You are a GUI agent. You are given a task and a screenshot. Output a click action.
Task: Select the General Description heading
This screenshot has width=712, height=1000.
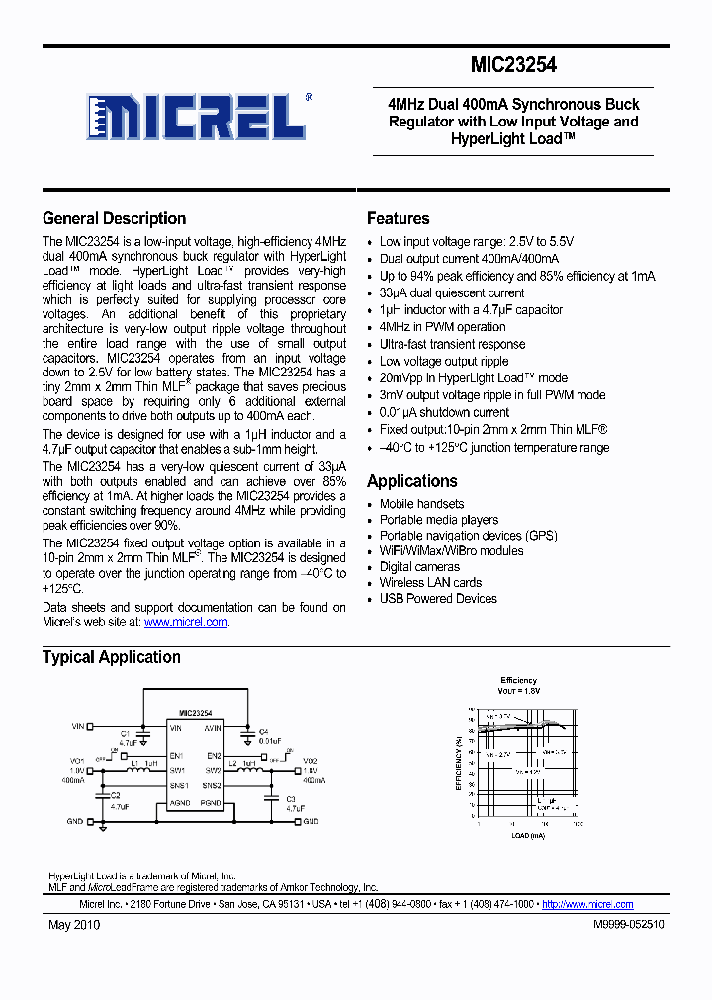pyautogui.click(x=114, y=219)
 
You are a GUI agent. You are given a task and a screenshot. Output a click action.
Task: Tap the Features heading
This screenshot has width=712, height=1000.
pyautogui.click(x=398, y=219)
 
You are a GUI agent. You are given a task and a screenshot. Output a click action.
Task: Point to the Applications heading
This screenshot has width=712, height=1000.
pyautogui.click(x=411, y=481)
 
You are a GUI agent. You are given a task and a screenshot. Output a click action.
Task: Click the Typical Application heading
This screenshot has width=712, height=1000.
pyautogui.click(x=111, y=657)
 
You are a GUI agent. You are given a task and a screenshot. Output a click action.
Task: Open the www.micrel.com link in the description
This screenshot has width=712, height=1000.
pyautogui.click(x=186, y=623)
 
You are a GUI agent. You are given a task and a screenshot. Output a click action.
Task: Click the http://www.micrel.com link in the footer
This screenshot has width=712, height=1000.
pyautogui.click(x=587, y=904)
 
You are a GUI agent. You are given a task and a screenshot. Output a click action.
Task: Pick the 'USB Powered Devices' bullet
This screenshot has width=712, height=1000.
pyautogui.click(x=438, y=599)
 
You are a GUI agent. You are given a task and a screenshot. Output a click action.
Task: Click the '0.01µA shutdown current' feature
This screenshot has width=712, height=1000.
pyautogui.click(x=444, y=412)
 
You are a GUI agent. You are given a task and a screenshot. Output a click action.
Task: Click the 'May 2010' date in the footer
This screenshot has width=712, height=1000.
pyautogui.click(x=74, y=924)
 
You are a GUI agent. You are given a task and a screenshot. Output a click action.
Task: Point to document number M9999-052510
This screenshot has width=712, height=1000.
pyautogui.click(x=629, y=924)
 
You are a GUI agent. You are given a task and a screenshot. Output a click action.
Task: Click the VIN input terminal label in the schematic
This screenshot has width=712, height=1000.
pyautogui.click(x=78, y=726)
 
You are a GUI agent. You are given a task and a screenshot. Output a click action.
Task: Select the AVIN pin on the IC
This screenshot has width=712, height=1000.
pyautogui.click(x=212, y=727)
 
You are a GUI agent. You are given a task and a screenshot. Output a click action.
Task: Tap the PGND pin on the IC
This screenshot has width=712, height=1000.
pyautogui.click(x=212, y=804)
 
